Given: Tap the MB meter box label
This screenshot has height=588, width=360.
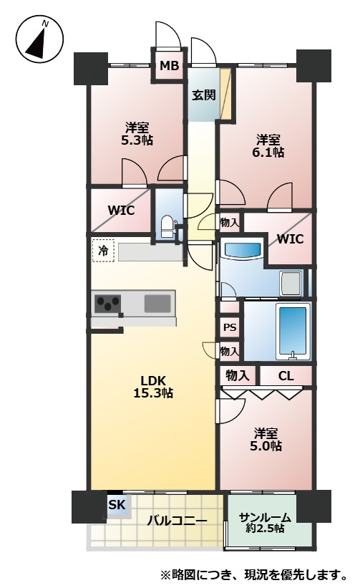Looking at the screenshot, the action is [170, 66].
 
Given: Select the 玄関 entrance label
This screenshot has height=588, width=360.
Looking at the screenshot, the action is [204, 95].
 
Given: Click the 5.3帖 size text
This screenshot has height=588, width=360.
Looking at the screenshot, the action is [137, 140].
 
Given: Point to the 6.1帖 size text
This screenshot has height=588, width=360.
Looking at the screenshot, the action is [268, 152].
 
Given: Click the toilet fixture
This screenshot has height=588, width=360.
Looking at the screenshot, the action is [167, 227].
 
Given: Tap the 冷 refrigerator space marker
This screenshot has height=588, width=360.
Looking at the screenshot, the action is [103, 251].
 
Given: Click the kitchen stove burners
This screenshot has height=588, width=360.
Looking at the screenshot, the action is [108, 304].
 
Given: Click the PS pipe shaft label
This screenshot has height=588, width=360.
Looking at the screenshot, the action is [230, 327].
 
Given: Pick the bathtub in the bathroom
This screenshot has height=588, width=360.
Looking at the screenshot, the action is [293, 332].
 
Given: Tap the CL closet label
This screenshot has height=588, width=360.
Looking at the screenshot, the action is [286, 376].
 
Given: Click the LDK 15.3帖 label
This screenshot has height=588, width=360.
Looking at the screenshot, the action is [153, 387].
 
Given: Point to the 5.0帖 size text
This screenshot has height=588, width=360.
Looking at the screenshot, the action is [266, 446].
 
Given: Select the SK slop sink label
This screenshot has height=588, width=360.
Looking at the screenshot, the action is [117, 505].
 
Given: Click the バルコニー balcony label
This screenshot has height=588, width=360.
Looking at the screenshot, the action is [177, 521].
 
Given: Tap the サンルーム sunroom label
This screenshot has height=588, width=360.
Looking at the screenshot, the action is [265, 518].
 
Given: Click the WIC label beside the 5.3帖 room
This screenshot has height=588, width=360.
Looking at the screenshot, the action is [121, 211].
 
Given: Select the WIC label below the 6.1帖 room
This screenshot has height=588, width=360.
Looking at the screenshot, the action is [291, 239].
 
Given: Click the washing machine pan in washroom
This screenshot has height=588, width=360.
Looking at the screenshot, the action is [291, 284].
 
